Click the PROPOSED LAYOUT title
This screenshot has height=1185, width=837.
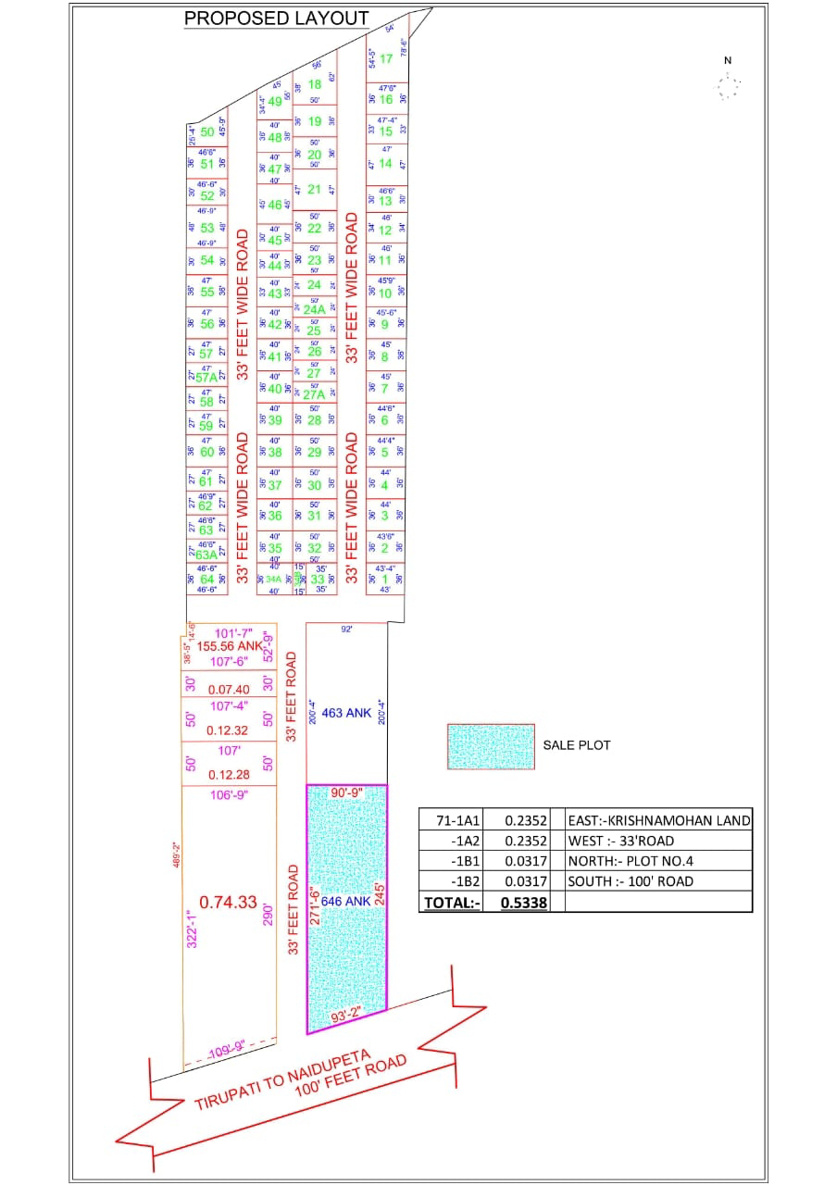[277, 18]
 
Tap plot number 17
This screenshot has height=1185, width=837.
[387, 58]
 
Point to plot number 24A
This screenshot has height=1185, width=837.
[315, 310]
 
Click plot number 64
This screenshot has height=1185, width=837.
[207, 580]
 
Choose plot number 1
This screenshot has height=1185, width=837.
[386, 579]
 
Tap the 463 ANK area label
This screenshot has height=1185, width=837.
[346, 713]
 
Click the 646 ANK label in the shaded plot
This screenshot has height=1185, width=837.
[345, 899]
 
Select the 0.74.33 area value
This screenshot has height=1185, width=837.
[228, 901]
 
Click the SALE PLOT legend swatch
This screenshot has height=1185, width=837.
[491, 746]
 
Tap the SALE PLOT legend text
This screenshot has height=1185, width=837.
[577, 745]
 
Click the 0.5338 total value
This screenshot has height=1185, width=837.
[524, 902]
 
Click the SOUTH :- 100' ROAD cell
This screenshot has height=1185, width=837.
[631, 881]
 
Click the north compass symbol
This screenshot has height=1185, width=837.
[728, 86]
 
